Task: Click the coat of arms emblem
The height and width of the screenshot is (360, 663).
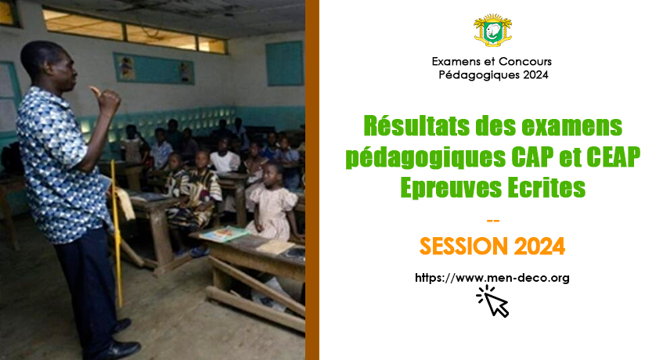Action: coord(492,30)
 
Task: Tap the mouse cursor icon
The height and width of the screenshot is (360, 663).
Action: coord(493,301)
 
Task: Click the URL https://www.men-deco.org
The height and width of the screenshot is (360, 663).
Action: coord(492,278)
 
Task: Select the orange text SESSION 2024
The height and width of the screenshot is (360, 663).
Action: coord(492,246)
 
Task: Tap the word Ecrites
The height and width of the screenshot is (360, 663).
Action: coord(546,188)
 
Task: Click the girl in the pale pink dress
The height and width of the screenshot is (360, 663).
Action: coord(272,203)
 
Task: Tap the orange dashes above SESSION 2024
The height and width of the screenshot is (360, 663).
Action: coord(493,221)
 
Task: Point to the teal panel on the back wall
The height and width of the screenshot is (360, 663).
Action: coord(285,63)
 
